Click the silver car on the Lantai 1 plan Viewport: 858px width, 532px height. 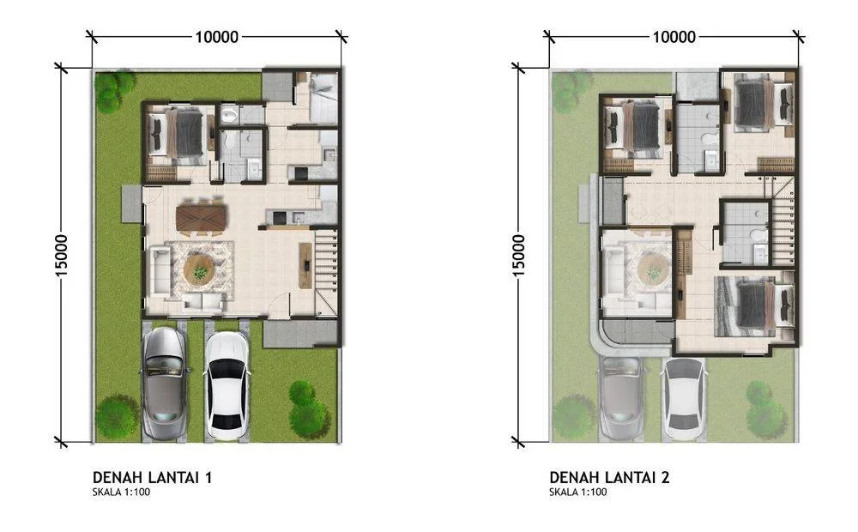[164, 384]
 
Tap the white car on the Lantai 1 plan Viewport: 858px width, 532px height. [226, 386]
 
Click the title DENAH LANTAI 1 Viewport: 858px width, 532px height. [152, 477]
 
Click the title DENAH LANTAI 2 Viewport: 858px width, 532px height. [609, 477]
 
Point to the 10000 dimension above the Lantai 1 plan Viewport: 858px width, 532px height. [217, 37]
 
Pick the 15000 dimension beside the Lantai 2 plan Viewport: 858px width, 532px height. [519, 256]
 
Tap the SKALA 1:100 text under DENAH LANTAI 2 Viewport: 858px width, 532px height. [577, 492]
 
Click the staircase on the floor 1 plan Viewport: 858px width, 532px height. [326, 271]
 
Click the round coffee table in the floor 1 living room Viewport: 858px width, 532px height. [199, 269]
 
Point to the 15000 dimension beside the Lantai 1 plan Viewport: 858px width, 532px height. [61, 256]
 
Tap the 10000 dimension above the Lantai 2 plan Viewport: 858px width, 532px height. [674, 37]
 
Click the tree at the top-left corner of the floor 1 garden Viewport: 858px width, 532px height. [114, 90]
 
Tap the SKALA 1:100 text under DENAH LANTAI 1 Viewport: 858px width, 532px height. [122, 492]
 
